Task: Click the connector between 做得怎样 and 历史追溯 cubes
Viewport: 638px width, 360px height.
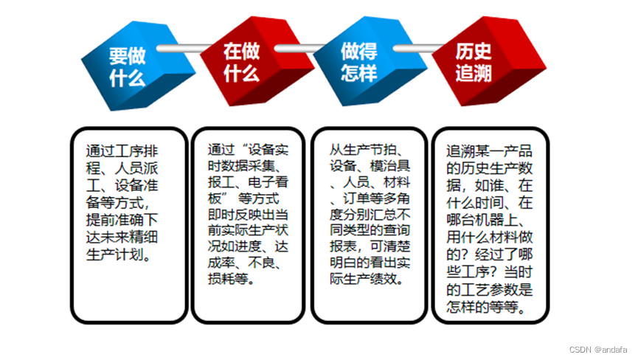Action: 414,49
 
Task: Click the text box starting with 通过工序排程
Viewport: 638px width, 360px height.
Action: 128,225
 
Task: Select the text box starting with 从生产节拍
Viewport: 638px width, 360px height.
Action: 369,225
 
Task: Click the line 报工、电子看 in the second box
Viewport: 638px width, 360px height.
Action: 244,182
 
